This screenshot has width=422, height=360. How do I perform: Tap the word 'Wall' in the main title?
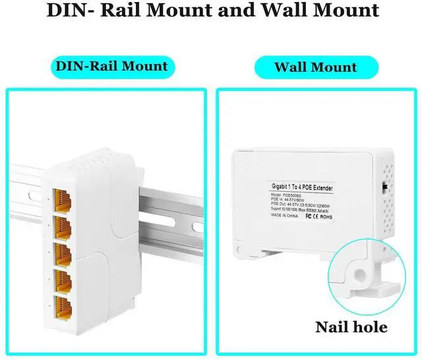click(276, 11)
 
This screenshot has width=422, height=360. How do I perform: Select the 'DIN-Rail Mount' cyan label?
click(111, 66)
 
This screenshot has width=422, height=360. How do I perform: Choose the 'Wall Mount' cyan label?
click(315, 67)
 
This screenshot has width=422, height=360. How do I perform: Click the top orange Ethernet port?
click(63, 198)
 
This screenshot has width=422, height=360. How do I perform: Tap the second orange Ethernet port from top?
click(63, 225)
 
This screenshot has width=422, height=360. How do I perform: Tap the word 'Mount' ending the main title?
click(343, 11)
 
